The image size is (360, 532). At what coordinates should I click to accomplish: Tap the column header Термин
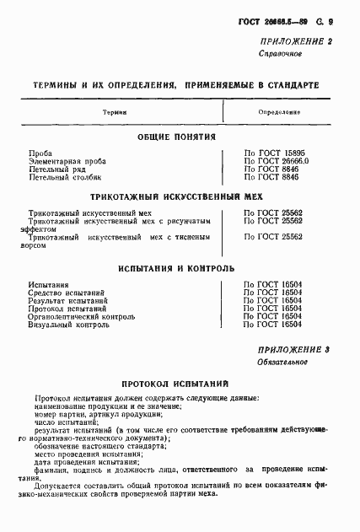point(116,111)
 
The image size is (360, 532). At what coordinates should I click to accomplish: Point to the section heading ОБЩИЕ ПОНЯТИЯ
point(176,137)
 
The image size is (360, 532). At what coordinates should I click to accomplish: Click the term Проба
point(40,153)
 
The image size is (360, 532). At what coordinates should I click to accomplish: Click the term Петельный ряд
point(56,169)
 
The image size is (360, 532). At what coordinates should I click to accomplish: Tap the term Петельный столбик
point(64,178)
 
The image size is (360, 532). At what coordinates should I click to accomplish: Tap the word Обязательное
point(282,363)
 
